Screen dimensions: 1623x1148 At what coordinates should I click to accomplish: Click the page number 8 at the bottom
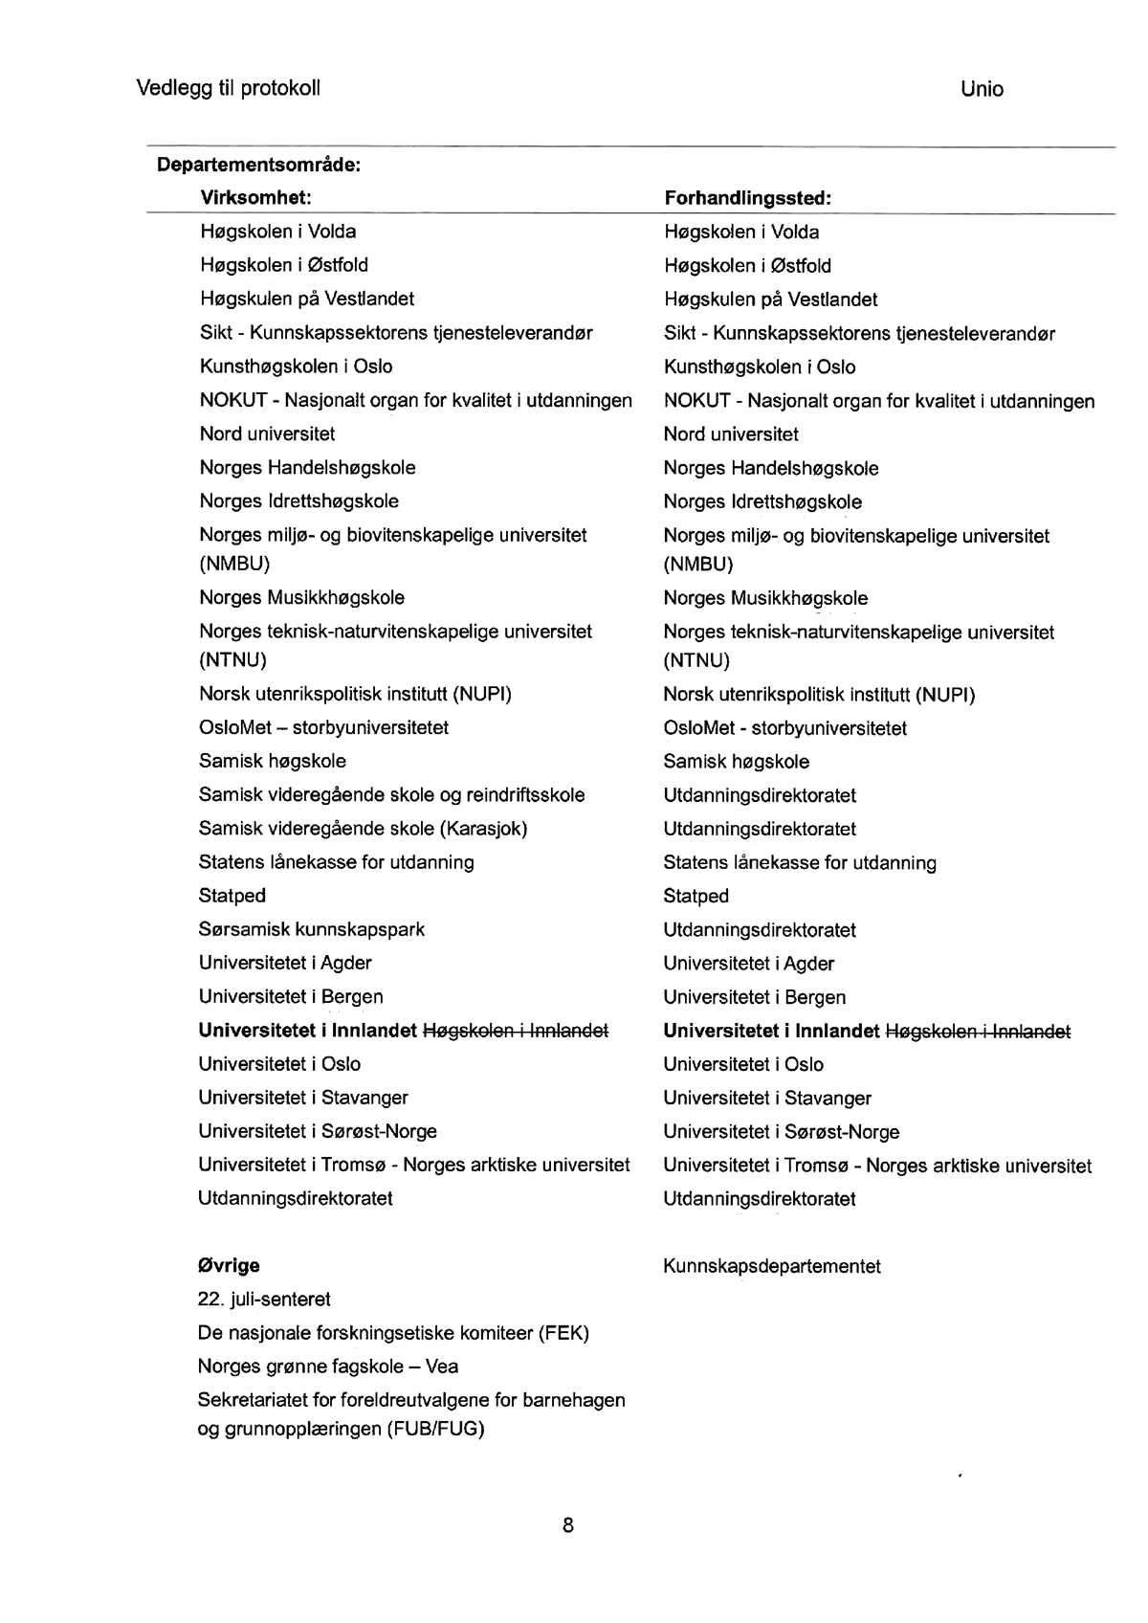point(568,1525)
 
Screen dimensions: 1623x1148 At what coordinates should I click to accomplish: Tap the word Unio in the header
point(982,90)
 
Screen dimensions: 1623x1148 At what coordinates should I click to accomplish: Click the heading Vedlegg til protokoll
point(228,89)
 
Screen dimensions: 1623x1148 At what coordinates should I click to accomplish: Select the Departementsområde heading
point(258,165)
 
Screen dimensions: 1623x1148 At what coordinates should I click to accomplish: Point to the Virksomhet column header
point(256,198)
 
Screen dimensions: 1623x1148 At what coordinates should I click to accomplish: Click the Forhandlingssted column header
point(747,199)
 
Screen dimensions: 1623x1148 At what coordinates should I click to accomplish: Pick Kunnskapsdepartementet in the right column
point(771,1267)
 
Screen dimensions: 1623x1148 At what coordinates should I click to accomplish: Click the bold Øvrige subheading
point(229,1266)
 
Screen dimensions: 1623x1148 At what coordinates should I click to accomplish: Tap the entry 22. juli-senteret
point(264,1300)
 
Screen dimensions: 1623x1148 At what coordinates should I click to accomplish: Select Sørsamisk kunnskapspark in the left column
point(312,929)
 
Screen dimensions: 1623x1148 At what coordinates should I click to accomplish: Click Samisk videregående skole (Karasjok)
point(363,829)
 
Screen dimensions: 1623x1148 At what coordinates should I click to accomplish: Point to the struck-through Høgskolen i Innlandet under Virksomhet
point(516,1031)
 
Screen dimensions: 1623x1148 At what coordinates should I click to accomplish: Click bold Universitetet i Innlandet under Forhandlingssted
point(771,1032)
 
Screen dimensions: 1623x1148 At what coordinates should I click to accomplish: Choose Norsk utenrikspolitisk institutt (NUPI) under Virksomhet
point(355,694)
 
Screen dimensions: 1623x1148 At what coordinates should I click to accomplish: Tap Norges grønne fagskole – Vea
point(328,1367)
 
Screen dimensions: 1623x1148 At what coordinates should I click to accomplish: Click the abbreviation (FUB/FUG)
point(436,1430)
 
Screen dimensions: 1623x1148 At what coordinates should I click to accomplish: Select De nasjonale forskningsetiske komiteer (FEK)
point(393,1333)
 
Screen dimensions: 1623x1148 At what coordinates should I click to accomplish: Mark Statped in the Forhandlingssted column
point(695,897)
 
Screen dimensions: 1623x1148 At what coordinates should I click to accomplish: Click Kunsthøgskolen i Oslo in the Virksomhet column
point(296,367)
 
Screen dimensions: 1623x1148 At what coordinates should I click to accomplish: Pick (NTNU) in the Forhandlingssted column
point(696,660)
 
